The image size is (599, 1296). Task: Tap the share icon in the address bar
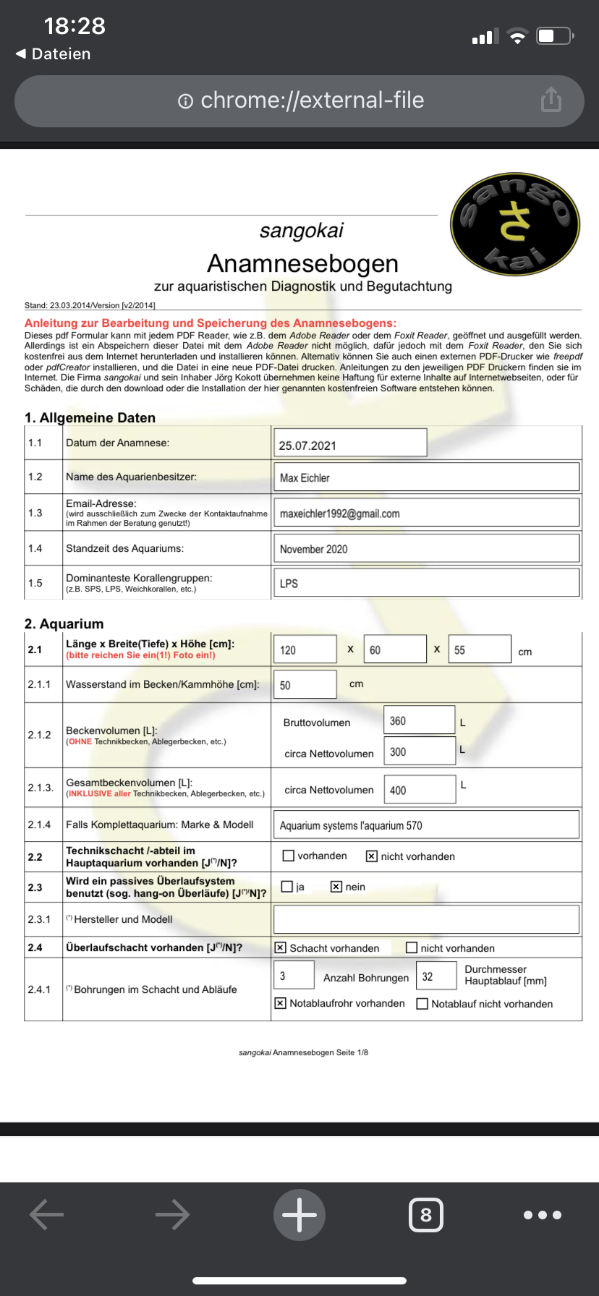click(551, 100)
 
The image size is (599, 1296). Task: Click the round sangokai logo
click(515, 225)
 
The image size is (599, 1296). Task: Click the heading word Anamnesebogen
click(302, 263)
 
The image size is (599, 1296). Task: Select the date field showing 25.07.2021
click(350, 443)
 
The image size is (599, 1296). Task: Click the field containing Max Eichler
click(426, 477)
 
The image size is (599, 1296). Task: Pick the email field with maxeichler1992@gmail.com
click(426, 513)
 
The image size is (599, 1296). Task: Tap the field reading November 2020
click(426, 549)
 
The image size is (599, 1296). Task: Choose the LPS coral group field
click(426, 583)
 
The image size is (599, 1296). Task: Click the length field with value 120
click(305, 649)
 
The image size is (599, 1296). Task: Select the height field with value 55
click(480, 649)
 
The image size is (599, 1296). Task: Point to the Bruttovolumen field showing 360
click(419, 720)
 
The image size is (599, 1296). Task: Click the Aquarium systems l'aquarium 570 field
click(426, 825)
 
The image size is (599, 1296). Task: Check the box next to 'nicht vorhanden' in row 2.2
click(372, 856)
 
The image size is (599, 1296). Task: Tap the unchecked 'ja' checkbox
click(287, 887)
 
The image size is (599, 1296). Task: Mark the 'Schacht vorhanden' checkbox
click(281, 948)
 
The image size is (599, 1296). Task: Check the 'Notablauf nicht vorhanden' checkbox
click(422, 1004)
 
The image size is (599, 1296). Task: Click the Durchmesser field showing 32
click(436, 976)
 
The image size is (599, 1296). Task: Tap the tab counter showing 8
click(425, 1215)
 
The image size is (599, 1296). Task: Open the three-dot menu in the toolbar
click(543, 1215)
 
